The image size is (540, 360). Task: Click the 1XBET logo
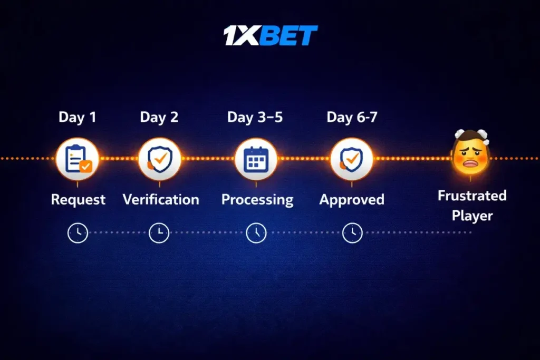pos(271,36)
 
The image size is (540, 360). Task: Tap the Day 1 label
pos(78,117)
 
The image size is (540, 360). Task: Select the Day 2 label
pos(159,117)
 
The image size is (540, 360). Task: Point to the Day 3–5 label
pos(255,117)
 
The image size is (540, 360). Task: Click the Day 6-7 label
pos(352,117)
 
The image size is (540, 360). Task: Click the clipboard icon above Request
pos(78,159)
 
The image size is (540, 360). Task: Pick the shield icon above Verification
pos(159,159)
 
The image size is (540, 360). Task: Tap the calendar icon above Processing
pos(256,159)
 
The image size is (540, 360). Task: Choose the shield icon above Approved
pos(352,159)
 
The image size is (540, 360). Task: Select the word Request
pos(78,200)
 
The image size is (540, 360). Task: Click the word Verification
pos(161,200)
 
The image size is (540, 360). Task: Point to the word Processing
pos(257,200)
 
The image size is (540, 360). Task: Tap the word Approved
pos(352,200)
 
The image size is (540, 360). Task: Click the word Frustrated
pos(472,196)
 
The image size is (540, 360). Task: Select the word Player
pos(472,216)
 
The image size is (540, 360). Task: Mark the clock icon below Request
pos(78,232)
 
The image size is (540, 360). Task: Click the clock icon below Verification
pos(159,232)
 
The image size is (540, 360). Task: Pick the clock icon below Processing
pos(256,232)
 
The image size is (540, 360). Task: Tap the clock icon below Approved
pos(352,232)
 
